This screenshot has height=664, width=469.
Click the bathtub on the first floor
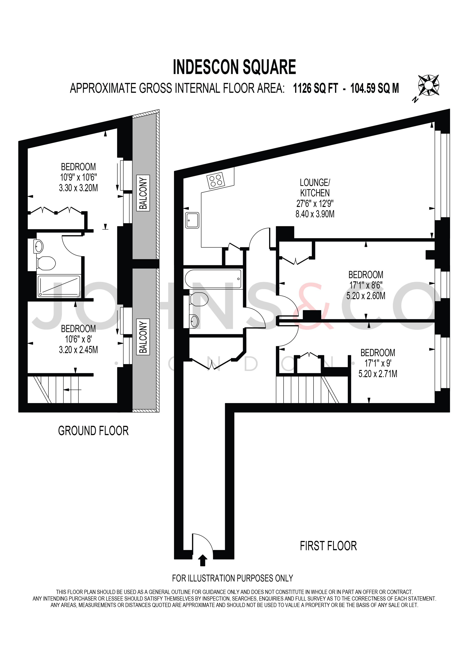[x=213, y=279]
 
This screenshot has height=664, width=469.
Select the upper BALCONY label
[x=143, y=193]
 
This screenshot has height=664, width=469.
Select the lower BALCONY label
[x=143, y=337]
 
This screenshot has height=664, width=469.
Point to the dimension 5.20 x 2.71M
[x=377, y=374]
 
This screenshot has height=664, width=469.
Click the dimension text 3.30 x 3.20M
[x=78, y=188]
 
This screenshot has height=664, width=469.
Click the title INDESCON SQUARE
[x=234, y=67]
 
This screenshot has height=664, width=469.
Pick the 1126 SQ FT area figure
[x=315, y=88]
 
